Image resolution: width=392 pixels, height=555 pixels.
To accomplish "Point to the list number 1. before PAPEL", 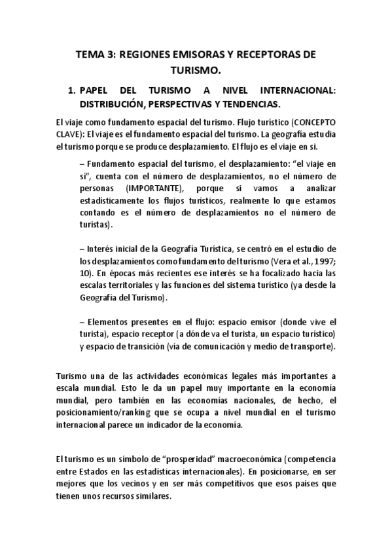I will (72, 91).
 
